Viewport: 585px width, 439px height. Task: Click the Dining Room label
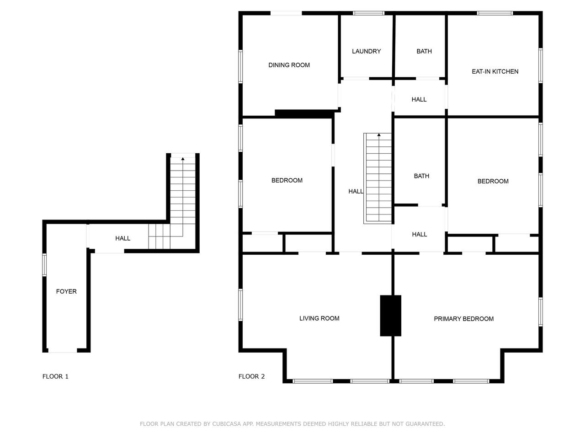click(x=289, y=65)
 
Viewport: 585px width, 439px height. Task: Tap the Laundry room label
click(x=366, y=51)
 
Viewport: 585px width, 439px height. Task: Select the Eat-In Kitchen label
click(x=495, y=71)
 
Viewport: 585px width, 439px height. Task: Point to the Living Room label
click(x=319, y=318)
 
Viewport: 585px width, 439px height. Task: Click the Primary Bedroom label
click(x=464, y=319)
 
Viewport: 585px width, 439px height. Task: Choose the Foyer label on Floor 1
click(x=66, y=291)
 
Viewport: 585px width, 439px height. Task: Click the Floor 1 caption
click(x=55, y=376)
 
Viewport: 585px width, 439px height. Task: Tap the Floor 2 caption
click(x=251, y=376)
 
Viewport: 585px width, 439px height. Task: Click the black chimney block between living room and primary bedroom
click(x=390, y=316)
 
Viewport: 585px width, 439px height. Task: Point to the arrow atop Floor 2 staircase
click(x=379, y=135)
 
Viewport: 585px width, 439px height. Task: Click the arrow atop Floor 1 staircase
click(x=183, y=159)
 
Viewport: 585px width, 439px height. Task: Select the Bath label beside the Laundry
click(x=424, y=51)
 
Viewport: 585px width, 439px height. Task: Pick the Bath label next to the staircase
click(x=421, y=176)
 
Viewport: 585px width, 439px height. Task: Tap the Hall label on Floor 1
click(x=122, y=238)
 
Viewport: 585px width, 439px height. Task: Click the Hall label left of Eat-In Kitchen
click(x=419, y=99)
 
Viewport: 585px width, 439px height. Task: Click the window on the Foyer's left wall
click(x=44, y=265)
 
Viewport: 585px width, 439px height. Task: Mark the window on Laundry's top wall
click(x=368, y=13)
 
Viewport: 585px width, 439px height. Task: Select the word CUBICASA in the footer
click(x=228, y=424)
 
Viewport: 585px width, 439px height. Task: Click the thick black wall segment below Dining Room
click(x=304, y=114)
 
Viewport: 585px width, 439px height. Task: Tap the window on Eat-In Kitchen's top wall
click(x=495, y=13)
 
